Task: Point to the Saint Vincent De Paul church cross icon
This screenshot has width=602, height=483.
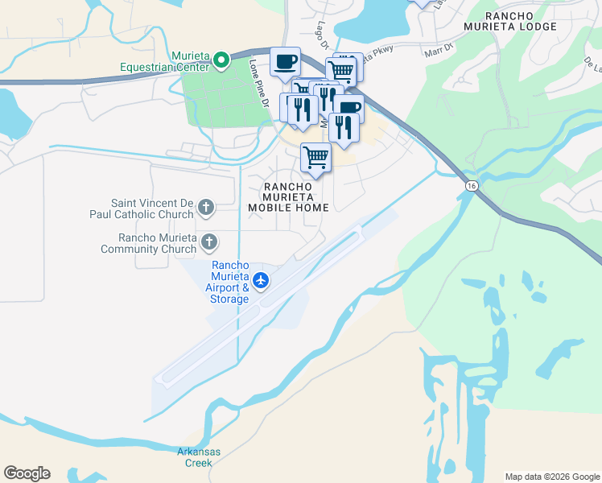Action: click(205, 208)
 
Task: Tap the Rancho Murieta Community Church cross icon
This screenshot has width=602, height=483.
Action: click(209, 242)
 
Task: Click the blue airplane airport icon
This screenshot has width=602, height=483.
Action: click(260, 281)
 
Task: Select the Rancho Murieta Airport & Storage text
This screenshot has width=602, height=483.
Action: click(229, 282)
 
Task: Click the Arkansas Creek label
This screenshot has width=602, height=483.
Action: click(199, 456)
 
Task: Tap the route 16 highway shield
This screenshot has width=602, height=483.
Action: click(469, 186)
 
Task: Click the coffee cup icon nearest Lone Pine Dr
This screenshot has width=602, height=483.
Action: click(285, 61)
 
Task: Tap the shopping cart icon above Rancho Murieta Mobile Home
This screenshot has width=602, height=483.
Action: click(315, 157)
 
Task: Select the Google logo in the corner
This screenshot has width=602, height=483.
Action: click(27, 473)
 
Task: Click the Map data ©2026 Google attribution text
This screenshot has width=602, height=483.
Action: click(552, 477)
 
